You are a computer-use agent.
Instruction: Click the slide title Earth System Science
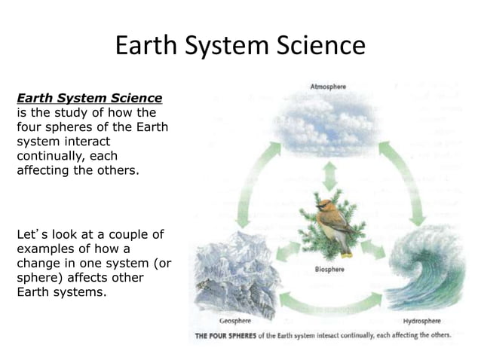240,46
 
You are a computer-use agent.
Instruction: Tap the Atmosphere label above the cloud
328,87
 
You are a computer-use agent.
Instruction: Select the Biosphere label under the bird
329,269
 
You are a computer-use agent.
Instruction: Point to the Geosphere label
234,320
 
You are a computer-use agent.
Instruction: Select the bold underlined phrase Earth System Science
89,98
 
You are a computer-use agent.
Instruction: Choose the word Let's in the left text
29,235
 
